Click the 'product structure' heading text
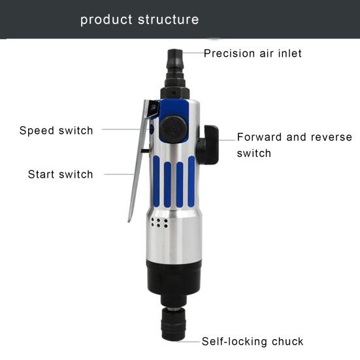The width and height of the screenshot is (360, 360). pyautogui.click(x=139, y=20)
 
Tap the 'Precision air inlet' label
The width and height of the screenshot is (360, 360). pyautogui.click(x=253, y=54)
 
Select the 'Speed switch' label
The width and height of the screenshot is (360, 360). pyautogui.click(x=56, y=131)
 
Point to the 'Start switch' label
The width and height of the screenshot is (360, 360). pyautogui.click(x=60, y=174)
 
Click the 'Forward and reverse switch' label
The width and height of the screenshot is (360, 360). pyautogui.click(x=294, y=145)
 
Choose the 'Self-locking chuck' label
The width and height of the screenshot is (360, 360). pyautogui.click(x=252, y=342)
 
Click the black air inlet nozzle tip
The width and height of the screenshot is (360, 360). pyautogui.click(x=174, y=60)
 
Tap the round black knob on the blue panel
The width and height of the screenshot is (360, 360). pyautogui.click(x=173, y=129)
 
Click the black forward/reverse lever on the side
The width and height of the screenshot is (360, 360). pyautogui.click(x=208, y=144)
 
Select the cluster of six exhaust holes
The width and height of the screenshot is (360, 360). pyautogui.click(x=159, y=223)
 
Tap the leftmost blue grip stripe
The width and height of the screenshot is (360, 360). pyautogui.click(x=156, y=181)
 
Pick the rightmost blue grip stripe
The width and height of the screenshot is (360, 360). pyautogui.click(x=191, y=181)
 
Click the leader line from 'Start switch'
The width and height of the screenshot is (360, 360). pyautogui.click(x=119, y=174)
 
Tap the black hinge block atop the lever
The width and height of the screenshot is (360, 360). pyautogui.click(x=154, y=108)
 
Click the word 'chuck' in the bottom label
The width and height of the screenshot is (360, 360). pyautogui.click(x=287, y=342)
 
